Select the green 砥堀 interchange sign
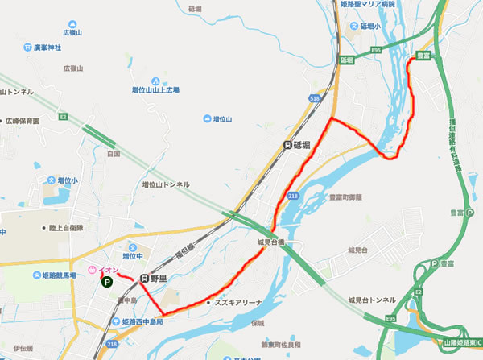point(346,60)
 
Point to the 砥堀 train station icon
point(288,145)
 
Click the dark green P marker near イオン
point(106,282)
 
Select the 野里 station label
point(155,278)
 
